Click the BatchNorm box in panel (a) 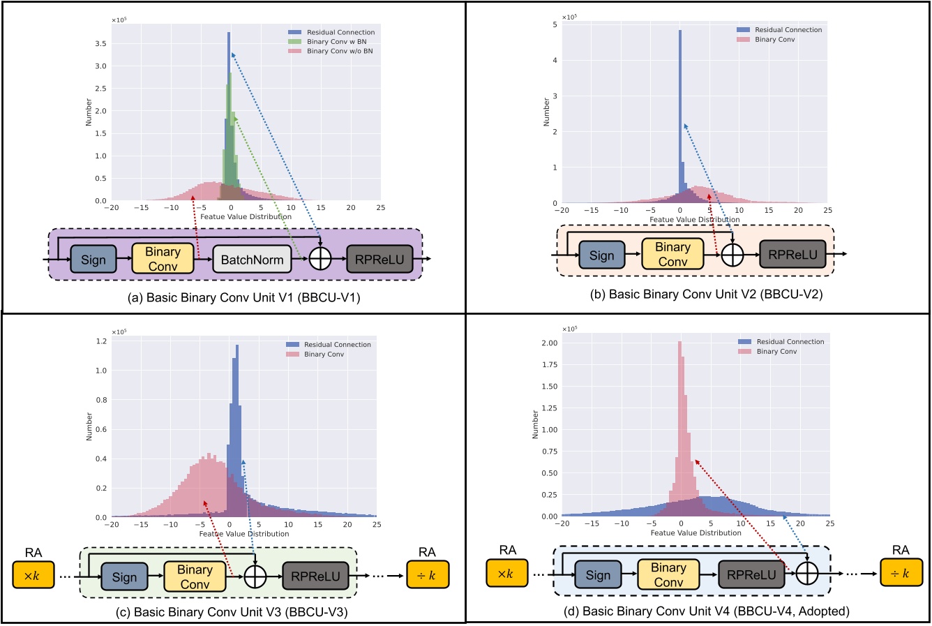click(x=253, y=260)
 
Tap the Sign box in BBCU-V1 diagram click(x=93, y=260)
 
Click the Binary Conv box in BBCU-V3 click(x=195, y=576)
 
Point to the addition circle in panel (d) click(x=807, y=574)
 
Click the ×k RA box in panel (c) click(x=33, y=575)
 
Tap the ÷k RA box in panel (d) click(x=900, y=573)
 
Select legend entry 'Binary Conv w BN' click(x=336, y=42)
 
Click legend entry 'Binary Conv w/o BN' click(x=339, y=51)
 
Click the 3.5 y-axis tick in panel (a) click(x=101, y=43)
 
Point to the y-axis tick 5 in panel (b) click(x=554, y=24)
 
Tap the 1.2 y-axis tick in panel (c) click(x=101, y=341)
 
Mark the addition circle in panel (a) click(x=320, y=260)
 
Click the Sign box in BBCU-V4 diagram click(x=597, y=575)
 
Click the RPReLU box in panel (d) click(x=751, y=574)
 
